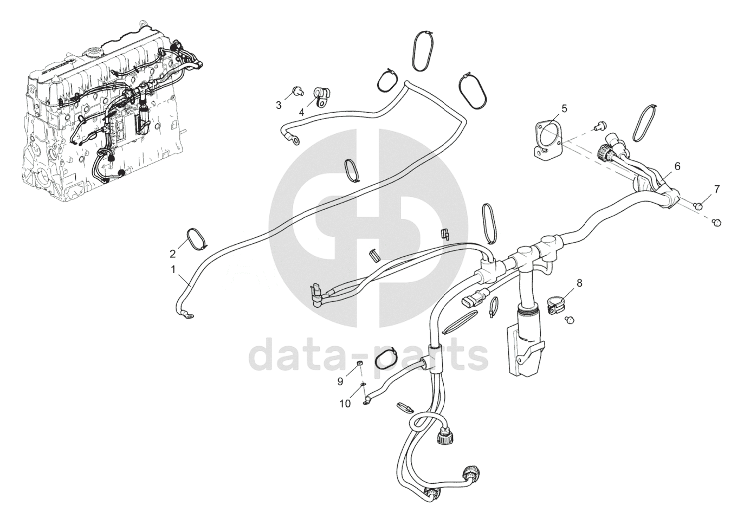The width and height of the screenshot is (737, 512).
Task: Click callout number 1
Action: click(x=173, y=268)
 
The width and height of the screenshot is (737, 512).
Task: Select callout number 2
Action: click(x=173, y=253)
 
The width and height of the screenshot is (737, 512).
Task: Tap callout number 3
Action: click(x=279, y=105)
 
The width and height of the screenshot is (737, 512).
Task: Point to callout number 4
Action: click(x=301, y=112)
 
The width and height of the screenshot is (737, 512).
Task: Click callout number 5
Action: click(x=564, y=108)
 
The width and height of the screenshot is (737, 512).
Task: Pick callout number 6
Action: click(x=677, y=166)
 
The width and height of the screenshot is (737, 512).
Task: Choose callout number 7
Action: click(x=717, y=189)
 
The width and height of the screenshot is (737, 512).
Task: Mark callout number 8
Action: click(x=579, y=282)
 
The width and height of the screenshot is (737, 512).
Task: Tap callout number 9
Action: click(x=340, y=381)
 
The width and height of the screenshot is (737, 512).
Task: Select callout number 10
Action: click(x=346, y=404)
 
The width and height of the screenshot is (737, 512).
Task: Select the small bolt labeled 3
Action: click(x=296, y=90)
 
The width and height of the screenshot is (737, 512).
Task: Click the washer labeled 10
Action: click(x=364, y=385)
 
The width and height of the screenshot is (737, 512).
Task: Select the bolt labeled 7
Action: click(x=699, y=205)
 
